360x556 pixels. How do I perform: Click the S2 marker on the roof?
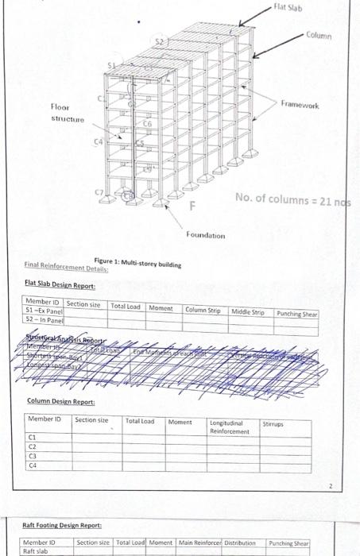click(x=159, y=41)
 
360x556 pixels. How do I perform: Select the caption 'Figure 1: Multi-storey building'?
click(x=137, y=263)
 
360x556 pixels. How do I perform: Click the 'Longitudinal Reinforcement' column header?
click(x=228, y=427)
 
